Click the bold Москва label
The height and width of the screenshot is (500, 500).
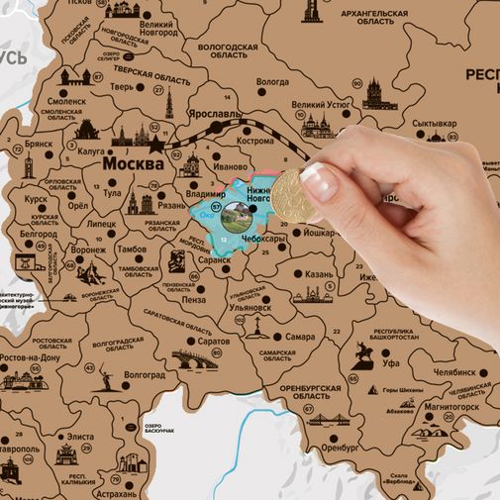point(133,163)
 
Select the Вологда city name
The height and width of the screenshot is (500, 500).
point(272,82)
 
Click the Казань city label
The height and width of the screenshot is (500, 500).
point(319,273)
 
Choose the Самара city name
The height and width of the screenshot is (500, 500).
point(300,337)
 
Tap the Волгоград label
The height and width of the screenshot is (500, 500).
point(145,375)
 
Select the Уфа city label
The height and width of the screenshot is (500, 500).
point(389,361)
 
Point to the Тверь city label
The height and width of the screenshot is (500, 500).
point(122,86)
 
